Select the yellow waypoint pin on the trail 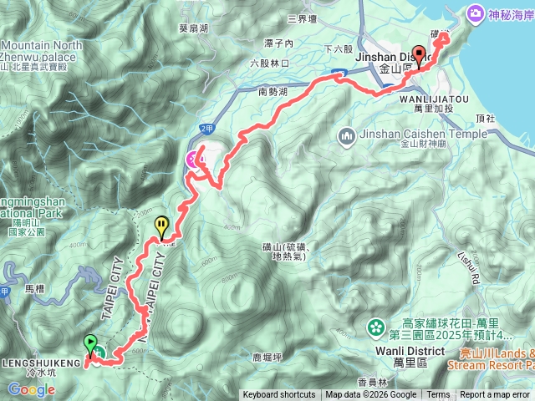coord(160,225)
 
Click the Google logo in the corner coord(24,389)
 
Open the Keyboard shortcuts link coord(279,395)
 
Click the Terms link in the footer coord(438,395)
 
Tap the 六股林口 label coord(268,63)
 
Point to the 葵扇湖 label coord(192,27)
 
